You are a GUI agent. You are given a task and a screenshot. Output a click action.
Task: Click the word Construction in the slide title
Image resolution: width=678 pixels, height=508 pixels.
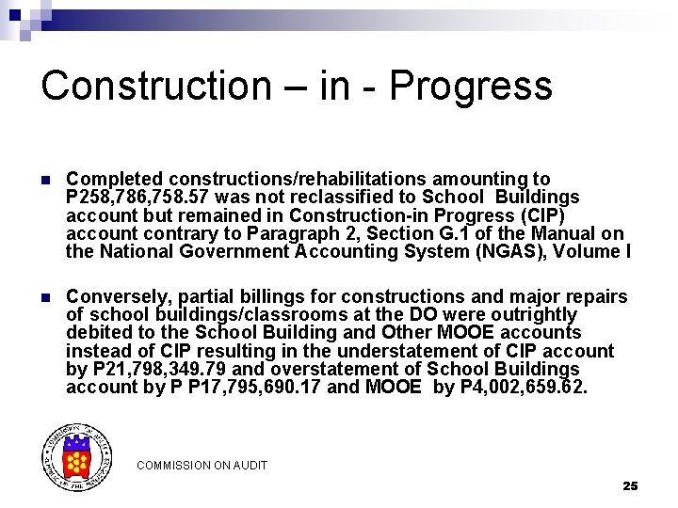(x=155, y=86)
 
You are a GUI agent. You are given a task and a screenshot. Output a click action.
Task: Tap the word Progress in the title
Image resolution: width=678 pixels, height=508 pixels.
(x=470, y=86)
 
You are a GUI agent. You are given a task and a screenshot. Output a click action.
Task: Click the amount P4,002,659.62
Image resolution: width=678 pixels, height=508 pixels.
(x=523, y=387)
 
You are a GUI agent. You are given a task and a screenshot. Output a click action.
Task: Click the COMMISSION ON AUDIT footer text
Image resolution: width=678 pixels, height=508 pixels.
(x=202, y=466)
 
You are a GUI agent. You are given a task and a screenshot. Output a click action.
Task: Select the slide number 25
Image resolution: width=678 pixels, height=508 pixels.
(x=630, y=485)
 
